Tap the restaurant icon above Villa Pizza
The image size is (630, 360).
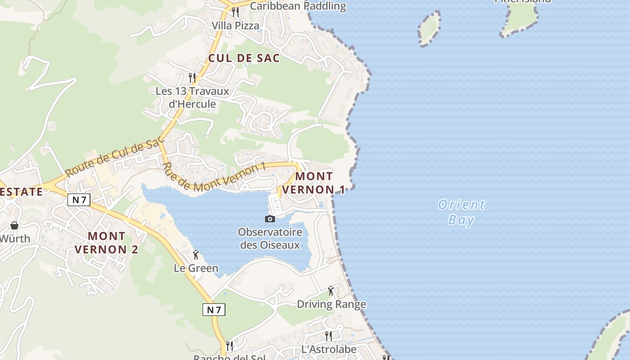(x=235, y=12)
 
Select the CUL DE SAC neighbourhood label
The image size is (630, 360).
(x=244, y=58)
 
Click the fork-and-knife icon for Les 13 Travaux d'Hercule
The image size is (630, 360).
(x=193, y=77)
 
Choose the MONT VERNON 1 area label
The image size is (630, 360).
(x=314, y=183)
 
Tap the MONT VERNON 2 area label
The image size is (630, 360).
(x=107, y=243)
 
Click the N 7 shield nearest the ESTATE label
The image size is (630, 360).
(x=79, y=200)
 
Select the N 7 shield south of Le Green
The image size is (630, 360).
(x=214, y=310)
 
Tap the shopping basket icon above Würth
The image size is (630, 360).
(x=14, y=225)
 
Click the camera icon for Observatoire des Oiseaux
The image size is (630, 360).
(x=270, y=219)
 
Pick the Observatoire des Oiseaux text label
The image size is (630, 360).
(x=270, y=238)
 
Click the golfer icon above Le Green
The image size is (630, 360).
(x=196, y=255)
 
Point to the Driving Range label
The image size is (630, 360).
(x=331, y=305)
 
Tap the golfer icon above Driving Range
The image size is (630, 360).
(x=331, y=291)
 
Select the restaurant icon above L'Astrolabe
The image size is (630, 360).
(x=328, y=336)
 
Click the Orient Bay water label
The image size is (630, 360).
(x=462, y=212)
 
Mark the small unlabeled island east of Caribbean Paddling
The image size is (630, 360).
(x=429, y=28)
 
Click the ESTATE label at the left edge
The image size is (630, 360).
(x=21, y=192)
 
